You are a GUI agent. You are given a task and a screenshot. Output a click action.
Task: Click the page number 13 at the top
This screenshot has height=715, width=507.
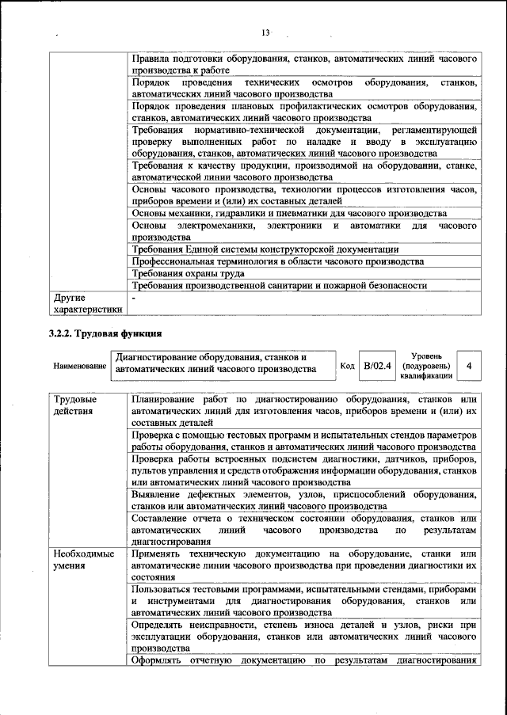tap(265, 32)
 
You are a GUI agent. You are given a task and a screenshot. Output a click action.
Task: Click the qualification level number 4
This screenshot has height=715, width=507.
tap(470, 367)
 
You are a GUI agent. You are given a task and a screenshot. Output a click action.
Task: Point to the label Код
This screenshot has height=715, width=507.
tap(347, 367)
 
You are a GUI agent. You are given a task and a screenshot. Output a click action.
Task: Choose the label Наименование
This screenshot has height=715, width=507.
tap(79, 367)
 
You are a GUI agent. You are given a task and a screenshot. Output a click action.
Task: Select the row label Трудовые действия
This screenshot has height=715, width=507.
tap(70, 405)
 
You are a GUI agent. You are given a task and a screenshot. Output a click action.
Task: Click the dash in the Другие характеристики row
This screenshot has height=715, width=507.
tap(135, 299)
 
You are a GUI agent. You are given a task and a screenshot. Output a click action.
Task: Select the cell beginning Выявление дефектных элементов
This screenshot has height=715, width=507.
tap(304, 500)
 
